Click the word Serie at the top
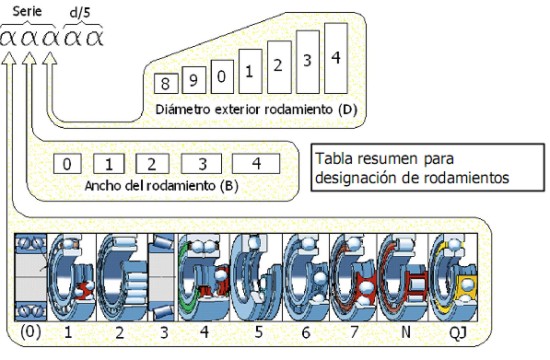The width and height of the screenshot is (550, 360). tap(27, 12)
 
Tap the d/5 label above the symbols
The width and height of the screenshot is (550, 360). tap(80, 13)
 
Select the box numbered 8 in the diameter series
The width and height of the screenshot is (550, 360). tap(166, 83)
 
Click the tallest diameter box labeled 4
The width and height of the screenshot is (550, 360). tap(336, 58)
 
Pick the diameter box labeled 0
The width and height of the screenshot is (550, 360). tap(222, 76)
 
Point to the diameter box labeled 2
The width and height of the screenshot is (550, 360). tap(279, 67)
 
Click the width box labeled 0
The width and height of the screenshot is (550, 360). tap(67, 164)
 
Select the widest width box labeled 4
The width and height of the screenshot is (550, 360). tap(256, 164)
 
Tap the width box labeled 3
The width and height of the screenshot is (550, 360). tap(201, 164)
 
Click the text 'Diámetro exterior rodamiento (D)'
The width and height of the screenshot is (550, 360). tap(256, 109)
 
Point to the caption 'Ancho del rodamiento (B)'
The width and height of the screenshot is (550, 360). tap(162, 186)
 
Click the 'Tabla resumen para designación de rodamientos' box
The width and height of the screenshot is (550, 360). tap(428, 168)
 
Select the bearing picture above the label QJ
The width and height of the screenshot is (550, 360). tap(453, 277)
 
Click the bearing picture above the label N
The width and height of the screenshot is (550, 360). tap(403, 277)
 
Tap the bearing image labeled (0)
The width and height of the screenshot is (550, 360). tap(31, 277)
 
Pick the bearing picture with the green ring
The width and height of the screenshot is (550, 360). tap(204, 277)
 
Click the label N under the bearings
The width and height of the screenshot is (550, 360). tap(405, 332)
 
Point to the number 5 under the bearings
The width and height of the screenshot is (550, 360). tap(259, 332)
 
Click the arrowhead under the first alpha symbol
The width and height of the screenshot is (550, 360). tap(9, 58)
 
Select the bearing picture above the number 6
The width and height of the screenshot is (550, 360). tap(306, 277)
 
